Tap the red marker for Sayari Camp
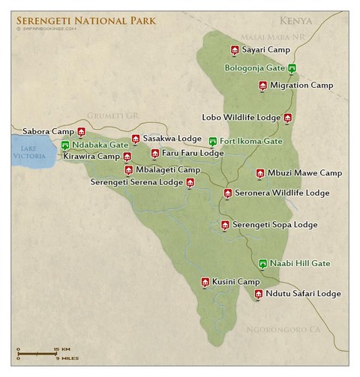click(235, 50)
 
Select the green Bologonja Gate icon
click(292, 68)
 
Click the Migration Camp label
click(301, 85)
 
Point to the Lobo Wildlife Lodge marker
click(287, 118)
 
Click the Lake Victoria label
click(28, 153)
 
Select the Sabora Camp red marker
click(81, 132)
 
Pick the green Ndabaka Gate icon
click(65, 144)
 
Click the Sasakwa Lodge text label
click(172, 139)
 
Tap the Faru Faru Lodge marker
click(154, 153)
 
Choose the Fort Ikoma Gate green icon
click(213, 141)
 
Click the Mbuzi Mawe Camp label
click(304, 173)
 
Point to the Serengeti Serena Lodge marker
click(190, 182)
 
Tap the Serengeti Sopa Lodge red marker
click(224, 225)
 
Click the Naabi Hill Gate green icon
click(262, 264)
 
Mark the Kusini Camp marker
click(205, 282)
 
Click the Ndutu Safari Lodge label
click(303, 294)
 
